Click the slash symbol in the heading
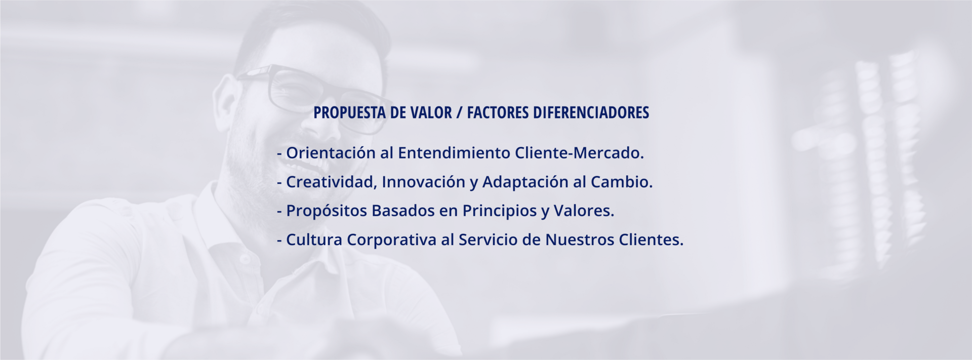tap(459, 113)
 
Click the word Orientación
tap(331, 152)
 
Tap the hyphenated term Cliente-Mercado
tap(579, 152)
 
